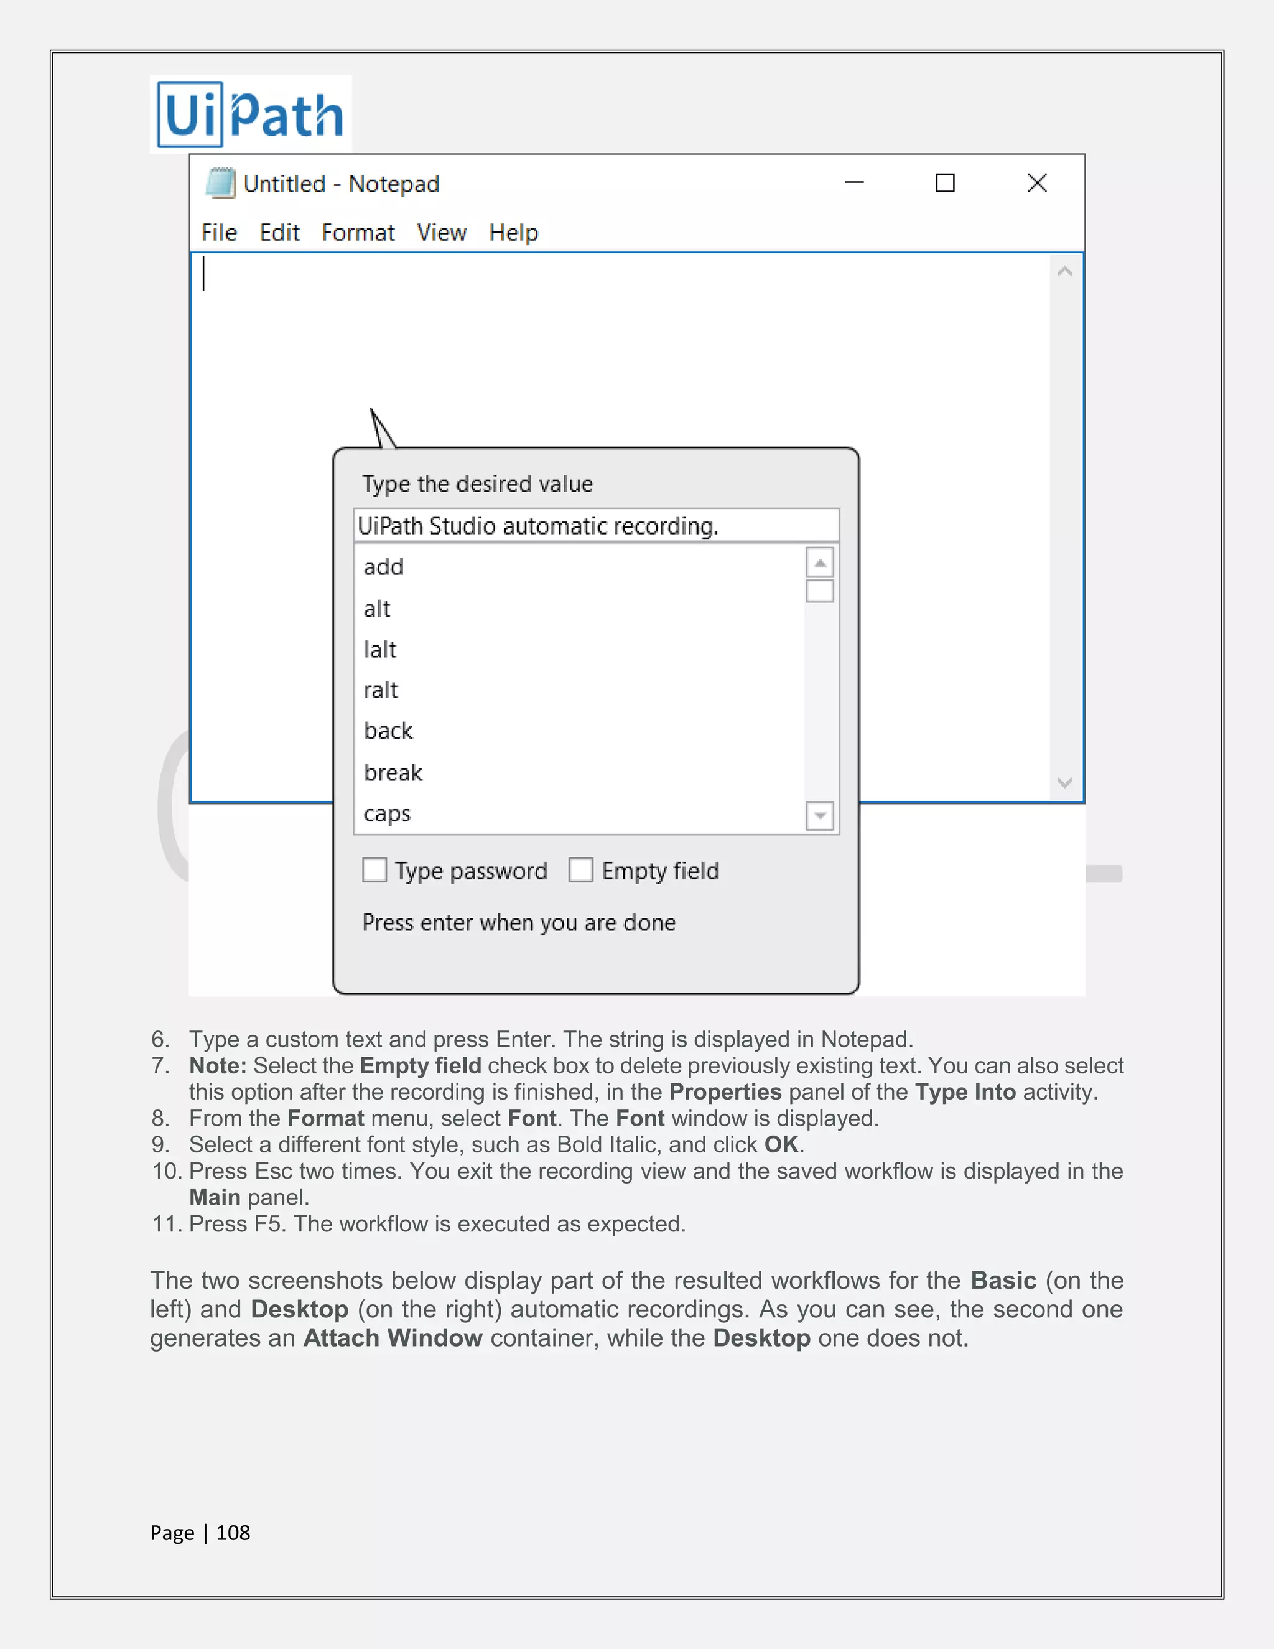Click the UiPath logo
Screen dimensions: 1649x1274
(251, 114)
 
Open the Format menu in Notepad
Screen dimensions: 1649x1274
(358, 233)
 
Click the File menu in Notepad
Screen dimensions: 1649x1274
(219, 233)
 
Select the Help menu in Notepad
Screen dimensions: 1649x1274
(513, 233)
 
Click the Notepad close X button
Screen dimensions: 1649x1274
(1037, 183)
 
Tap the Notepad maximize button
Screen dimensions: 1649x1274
(945, 183)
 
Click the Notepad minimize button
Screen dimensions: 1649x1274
(853, 183)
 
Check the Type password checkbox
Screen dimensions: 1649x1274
(374, 870)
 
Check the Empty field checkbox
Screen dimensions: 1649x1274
(580, 870)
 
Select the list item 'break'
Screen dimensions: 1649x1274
(393, 772)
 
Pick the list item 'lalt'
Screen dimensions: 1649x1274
(380, 649)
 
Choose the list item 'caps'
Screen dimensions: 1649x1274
(387, 814)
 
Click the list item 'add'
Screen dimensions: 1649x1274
(384, 567)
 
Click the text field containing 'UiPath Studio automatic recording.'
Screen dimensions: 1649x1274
(595, 526)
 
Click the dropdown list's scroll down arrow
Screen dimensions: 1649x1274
(820, 815)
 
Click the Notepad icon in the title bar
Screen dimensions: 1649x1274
(220, 184)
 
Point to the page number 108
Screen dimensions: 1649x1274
(233, 1533)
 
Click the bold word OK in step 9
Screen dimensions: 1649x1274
(781, 1144)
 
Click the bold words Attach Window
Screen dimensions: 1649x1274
(393, 1338)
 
